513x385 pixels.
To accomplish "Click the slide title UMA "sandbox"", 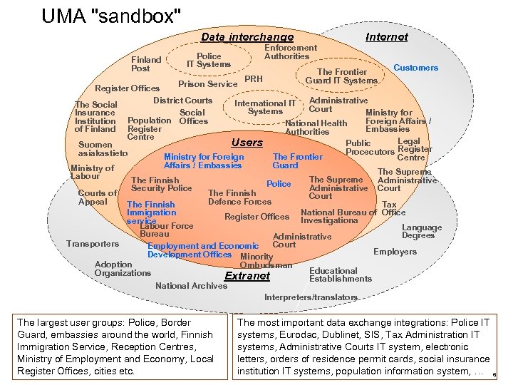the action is (x=111, y=15).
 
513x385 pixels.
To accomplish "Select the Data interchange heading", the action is (x=247, y=37).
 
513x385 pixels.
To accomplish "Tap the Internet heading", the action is (x=386, y=37).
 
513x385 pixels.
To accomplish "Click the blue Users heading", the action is (x=247, y=143).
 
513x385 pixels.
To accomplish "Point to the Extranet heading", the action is (x=247, y=276).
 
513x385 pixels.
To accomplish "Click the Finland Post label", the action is (x=146, y=64).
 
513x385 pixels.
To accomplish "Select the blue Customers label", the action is (x=416, y=68).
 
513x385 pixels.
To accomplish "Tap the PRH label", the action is (x=254, y=78).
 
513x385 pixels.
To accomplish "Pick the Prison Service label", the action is (x=207, y=84).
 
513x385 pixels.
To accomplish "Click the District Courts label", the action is (x=183, y=101).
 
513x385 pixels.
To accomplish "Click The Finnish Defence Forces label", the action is (x=239, y=197).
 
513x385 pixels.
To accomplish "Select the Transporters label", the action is (x=93, y=244).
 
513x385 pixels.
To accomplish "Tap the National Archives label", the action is (x=191, y=286).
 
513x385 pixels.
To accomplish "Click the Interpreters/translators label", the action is (x=311, y=297).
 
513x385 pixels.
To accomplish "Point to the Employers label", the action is (x=395, y=252).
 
